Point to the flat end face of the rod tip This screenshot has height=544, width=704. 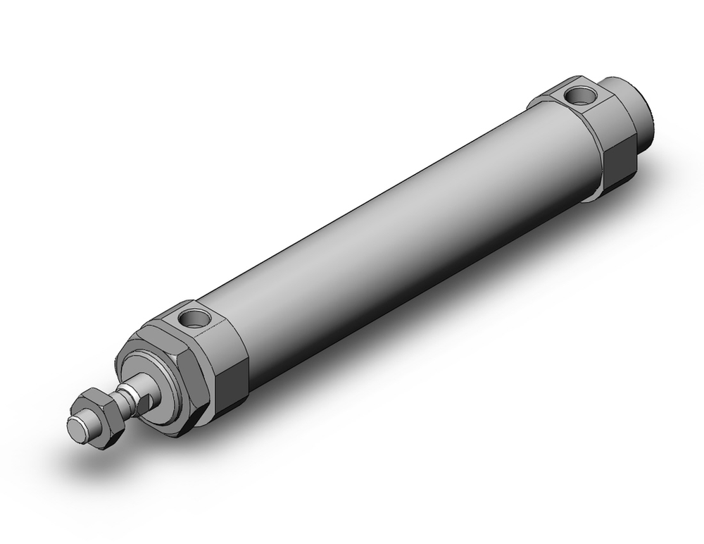[x=76, y=428]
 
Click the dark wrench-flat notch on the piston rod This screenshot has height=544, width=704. [x=145, y=402]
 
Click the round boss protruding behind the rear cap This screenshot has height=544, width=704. [x=637, y=113]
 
